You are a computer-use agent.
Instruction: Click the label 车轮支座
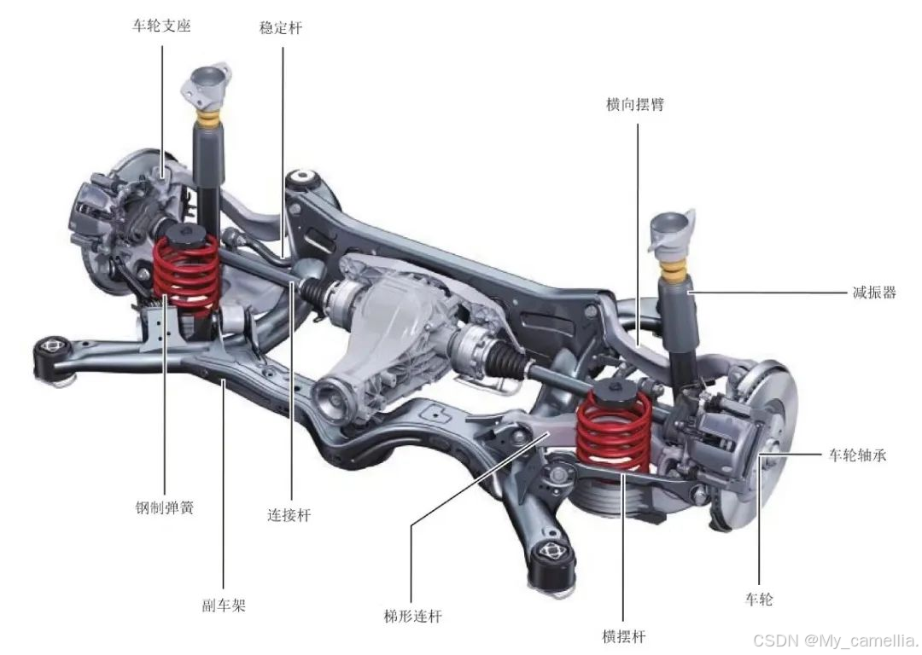tap(161, 26)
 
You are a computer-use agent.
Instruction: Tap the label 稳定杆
tap(281, 27)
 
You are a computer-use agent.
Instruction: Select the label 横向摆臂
tap(635, 105)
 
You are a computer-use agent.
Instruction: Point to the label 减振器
tap(874, 292)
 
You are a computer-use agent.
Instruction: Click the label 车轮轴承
tap(857, 455)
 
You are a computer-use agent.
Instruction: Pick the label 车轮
tap(759, 600)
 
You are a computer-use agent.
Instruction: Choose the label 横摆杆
tap(624, 636)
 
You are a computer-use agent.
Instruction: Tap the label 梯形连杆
tap(413, 617)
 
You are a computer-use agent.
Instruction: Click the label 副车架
tap(224, 606)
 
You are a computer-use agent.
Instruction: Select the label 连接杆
tap(289, 515)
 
